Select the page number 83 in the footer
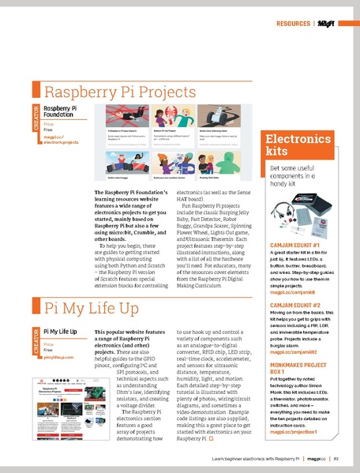[336, 459]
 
